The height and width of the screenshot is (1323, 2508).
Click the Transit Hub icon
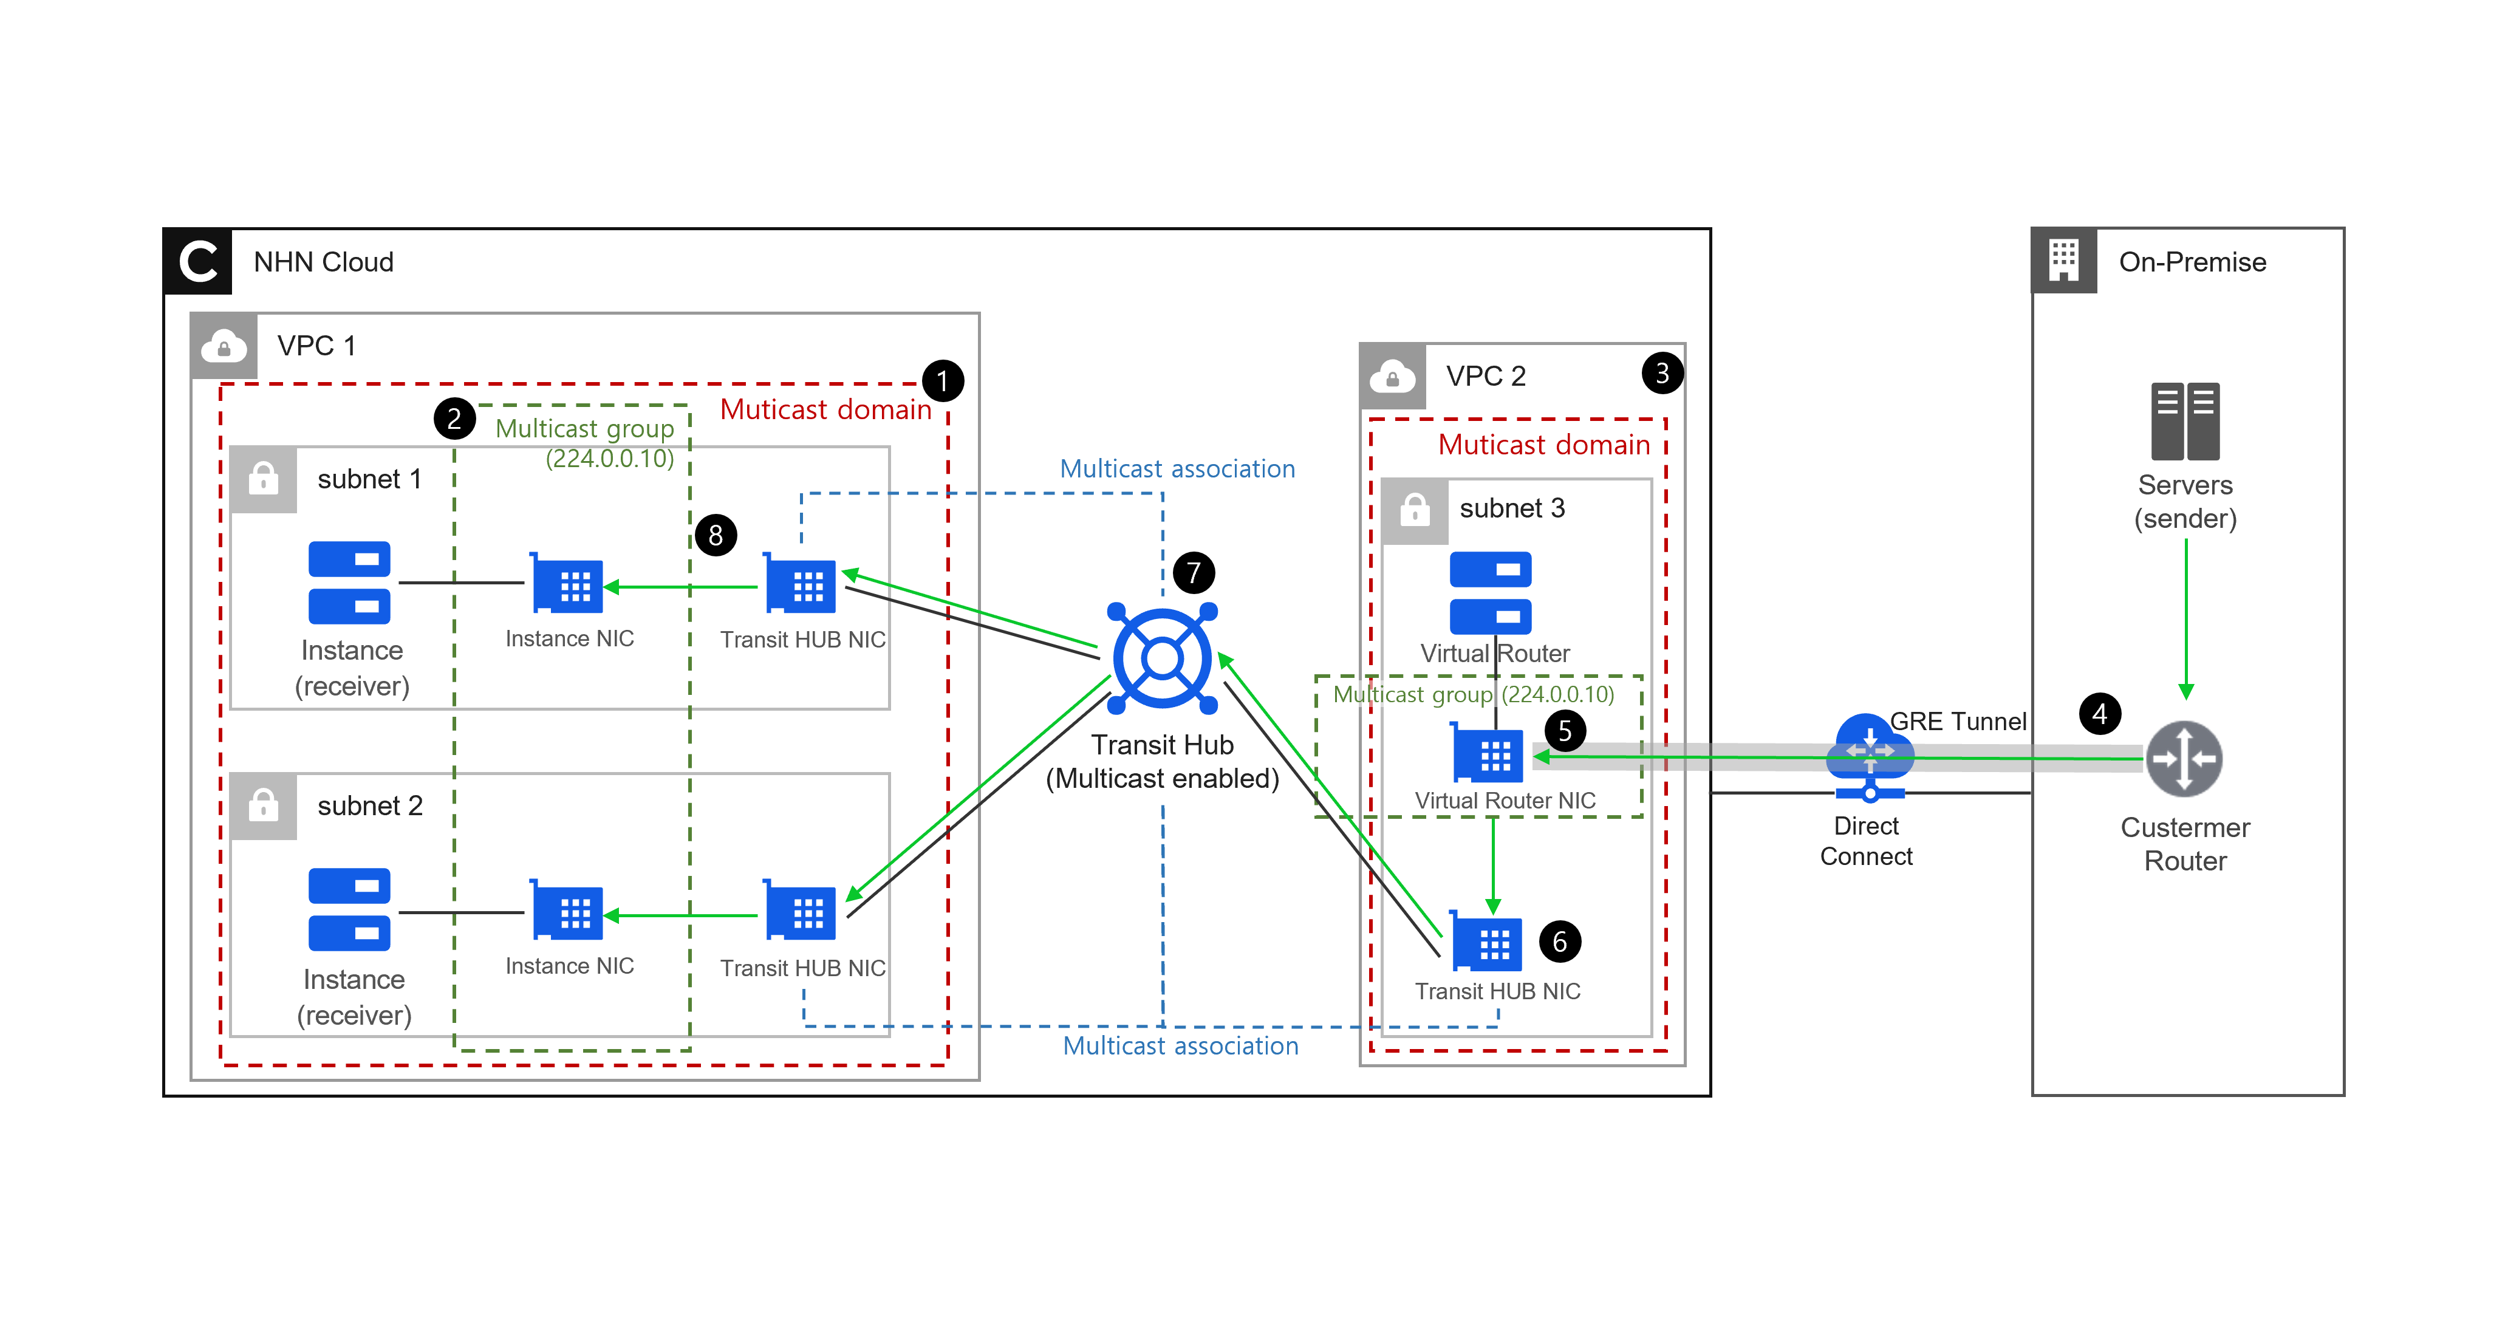click(x=1161, y=658)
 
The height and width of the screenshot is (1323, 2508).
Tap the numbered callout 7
click(x=1193, y=572)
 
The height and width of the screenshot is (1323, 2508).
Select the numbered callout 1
click(x=943, y=381)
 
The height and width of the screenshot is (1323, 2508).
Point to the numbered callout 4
click(x=2099, y=714)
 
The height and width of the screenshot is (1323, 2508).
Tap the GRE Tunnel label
click(x=1957, y=722)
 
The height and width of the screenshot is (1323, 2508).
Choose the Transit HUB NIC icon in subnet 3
click(x=1487, y=942)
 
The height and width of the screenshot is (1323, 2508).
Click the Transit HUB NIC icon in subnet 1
click(x=801, y=584)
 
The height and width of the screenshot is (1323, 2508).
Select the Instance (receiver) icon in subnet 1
click(x=349, y=582)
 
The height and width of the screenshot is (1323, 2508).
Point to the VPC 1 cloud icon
click(x=224, y=346)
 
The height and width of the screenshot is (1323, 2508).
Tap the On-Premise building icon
click(x=2063, y=261)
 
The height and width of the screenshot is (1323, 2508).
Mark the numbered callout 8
click(x=716, y=535)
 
